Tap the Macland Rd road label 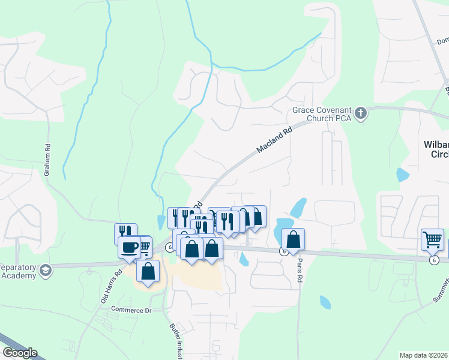click(x=274, y=139)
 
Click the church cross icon click(x=361, y=112)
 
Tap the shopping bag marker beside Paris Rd click(x=293, y=239)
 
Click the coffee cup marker click(x=129, y=247)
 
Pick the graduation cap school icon click(x=45, y=272)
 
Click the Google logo click(x=20, y=353)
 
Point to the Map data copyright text click(x=424, y=355)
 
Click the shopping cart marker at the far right click(x=432, y=239)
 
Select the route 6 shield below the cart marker click(x=434, y=260)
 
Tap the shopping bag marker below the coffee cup click(x=148, y=270)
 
